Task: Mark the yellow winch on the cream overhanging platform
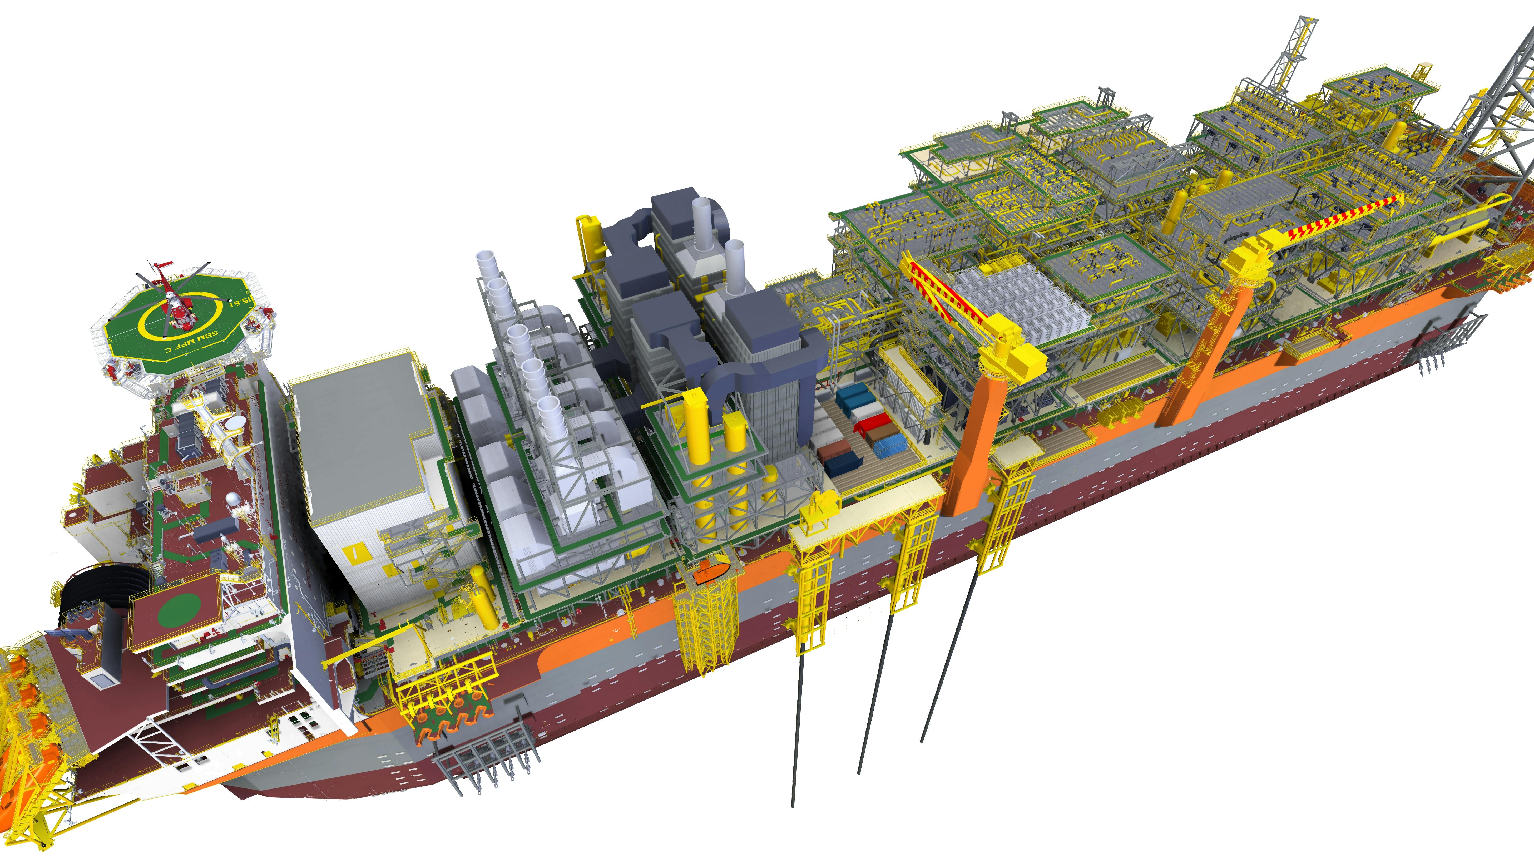coord(819,508)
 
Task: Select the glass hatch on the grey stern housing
coord(101,680)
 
